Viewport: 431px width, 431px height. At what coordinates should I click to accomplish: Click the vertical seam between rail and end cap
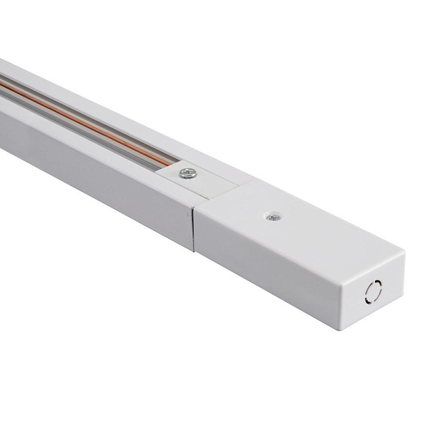coord(194,226)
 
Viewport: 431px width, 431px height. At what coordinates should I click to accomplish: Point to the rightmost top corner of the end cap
coord(404,254)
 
